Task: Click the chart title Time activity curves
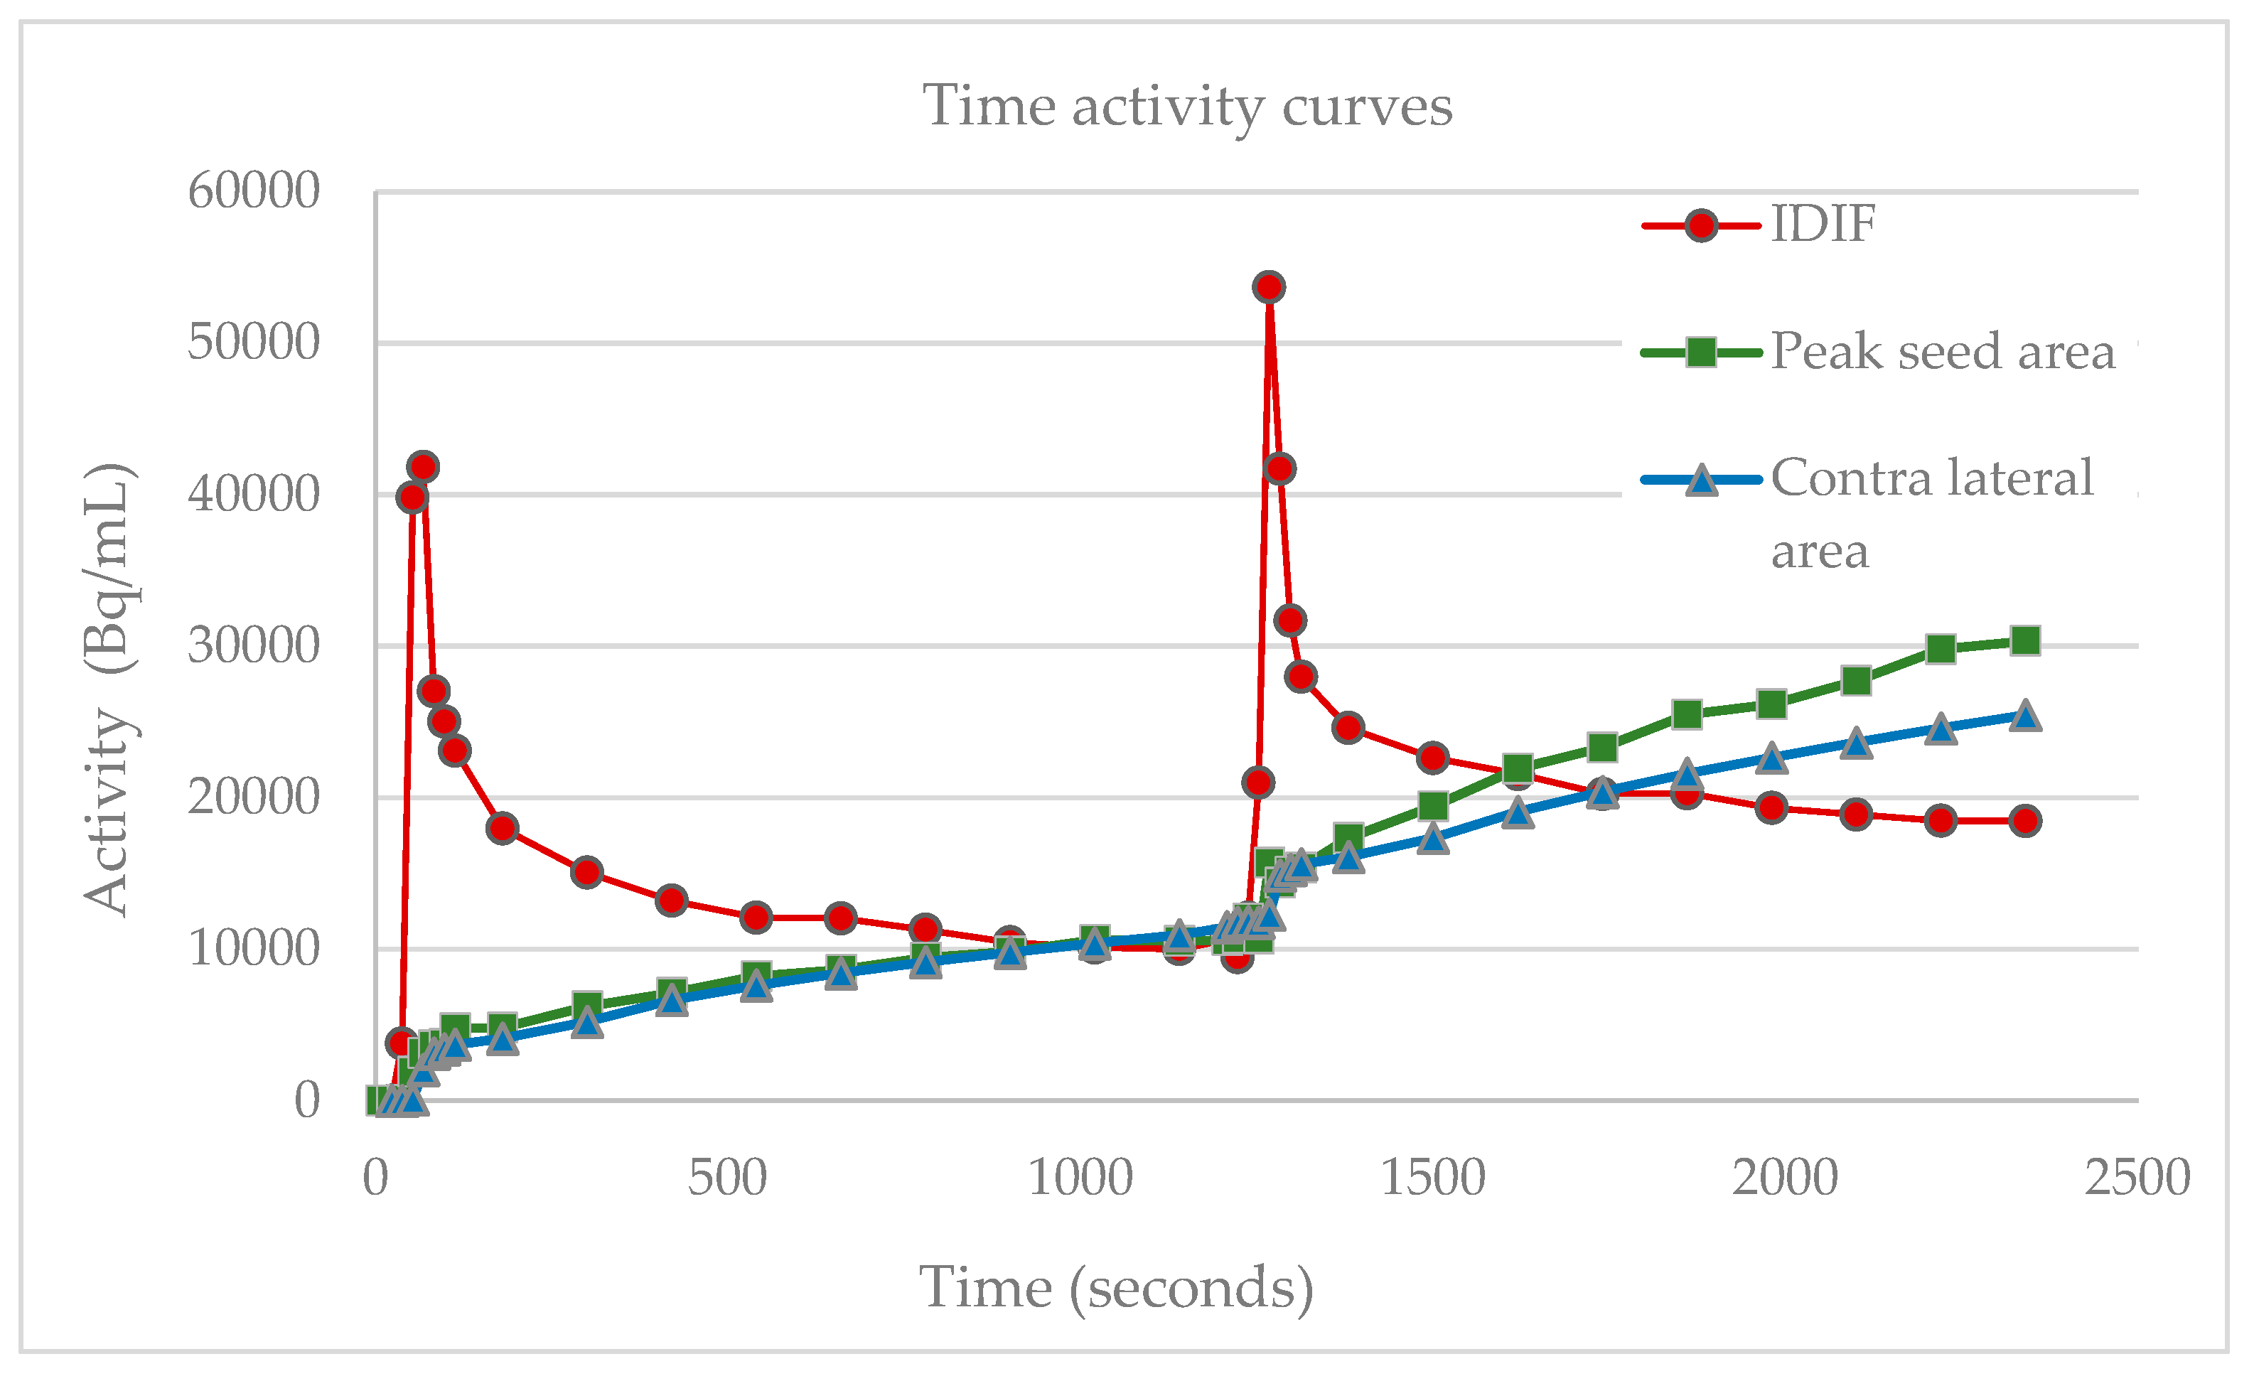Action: click(x=1186, y=107)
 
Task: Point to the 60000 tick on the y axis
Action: click(x=253, y=191)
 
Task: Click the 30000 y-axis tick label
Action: click(x=253, y=646)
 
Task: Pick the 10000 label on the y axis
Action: click(x=253, y=949)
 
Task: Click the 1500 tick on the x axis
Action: click(x=1432, y=1178)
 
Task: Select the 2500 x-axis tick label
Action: click(x=2137, y=1178)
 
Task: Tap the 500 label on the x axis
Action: click(x=727, y=1178)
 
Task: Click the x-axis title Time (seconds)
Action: click(x=1116, y=1288)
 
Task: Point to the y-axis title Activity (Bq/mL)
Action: click(x=108, y=688)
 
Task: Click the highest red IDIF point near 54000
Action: click(x=1268, y=287)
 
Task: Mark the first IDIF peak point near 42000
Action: click(x=423, y=466)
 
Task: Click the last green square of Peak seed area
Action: click(x=2025, y=640)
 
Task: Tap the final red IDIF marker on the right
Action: click(x=2025, y=821)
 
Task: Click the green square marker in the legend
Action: click(x=1700, y=353)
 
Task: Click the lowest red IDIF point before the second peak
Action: click(x=1237, y=958)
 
